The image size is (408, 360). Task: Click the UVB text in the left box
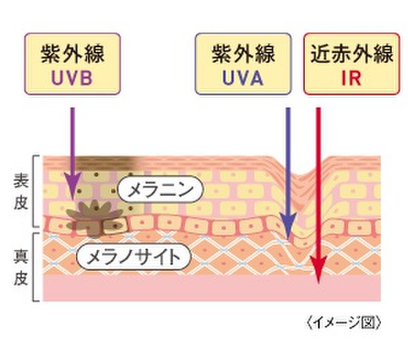point(72,78)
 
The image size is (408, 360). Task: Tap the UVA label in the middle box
point(243,78)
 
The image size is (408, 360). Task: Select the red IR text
point(352,78)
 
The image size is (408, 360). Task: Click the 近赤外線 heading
point(352,54)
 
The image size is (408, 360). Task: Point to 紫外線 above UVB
point(73,54)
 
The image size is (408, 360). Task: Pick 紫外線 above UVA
point(243,54)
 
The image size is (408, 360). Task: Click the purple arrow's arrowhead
point(73,186)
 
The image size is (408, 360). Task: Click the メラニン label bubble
point(160,189)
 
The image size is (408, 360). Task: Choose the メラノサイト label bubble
point(134,257)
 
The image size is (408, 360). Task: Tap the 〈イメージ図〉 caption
point(343,323)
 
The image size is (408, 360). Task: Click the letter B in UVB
point(86,78)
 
